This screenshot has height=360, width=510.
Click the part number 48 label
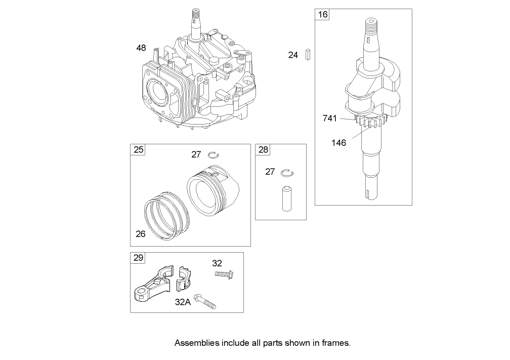pos(141,48)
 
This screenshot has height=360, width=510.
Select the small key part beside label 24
pos(308,55)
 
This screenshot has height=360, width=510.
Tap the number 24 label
pos(293,55)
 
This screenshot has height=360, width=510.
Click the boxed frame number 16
pos(322,15)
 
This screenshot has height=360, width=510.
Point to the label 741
pos(329,118)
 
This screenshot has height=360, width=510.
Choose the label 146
pos(338,143)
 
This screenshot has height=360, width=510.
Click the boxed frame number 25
pos(138,150)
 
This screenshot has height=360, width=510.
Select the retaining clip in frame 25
pos(212,155)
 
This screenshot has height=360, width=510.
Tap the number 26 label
pos(141,233)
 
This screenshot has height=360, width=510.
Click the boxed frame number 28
pos(263,150)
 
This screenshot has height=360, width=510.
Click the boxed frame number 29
pos(138,258)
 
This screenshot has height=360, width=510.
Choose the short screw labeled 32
pos(222,275)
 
